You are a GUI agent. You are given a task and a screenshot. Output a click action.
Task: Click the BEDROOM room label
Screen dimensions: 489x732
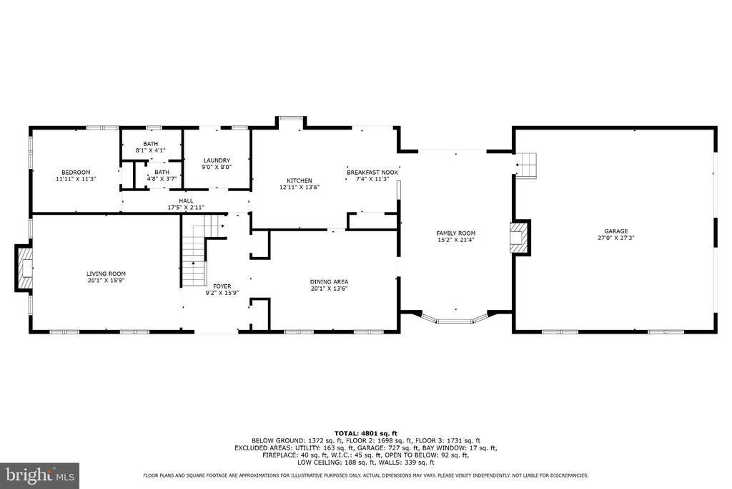tap(75, 172)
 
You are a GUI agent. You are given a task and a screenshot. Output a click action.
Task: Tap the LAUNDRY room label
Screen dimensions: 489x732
tap(217, 160)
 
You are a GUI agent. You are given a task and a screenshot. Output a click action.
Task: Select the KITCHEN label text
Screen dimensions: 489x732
tap(299, 180)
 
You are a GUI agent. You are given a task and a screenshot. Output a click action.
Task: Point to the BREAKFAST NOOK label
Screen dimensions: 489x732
tap(372, 173)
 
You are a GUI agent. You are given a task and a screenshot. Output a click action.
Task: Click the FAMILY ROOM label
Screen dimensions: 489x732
tap(456, 233)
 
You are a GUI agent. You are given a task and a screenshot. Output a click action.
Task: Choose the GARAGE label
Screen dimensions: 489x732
tap(615, 231)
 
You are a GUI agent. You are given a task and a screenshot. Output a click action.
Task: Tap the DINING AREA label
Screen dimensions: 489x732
tap(329, 281)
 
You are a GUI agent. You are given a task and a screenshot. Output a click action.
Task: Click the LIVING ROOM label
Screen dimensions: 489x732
tap(106, 273)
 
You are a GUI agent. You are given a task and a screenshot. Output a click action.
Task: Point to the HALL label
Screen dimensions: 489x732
tap(186, 200)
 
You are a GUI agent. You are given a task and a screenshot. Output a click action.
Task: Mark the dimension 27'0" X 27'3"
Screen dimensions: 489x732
tap(615, 238)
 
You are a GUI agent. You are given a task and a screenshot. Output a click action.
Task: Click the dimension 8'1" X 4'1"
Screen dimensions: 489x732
tap(150, 150)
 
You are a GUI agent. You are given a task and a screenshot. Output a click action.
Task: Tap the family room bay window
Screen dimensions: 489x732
tap(455, 319)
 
